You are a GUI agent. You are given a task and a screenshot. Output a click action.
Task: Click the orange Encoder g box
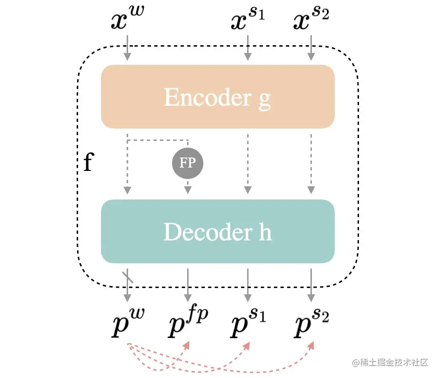pyautogui.click(x=218, y=97)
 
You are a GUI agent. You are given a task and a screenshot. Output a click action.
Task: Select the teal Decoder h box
pyautogui.click(x=218, y=231)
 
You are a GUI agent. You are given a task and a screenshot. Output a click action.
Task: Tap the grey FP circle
pyautogui.click(x=187, y=163)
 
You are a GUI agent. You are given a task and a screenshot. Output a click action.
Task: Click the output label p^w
pyautogui.click(x=128, y=322)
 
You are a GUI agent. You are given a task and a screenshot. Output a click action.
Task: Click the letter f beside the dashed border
pyautogui.click(x=88, y=163)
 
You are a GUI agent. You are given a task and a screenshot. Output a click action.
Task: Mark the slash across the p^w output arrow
pyautogui.click(x=128, y=277)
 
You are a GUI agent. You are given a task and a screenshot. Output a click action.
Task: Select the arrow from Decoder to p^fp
pyautogui.click(x=188, y=285)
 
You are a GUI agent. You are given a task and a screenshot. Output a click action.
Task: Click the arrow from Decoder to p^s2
pyautogui.click(x=311, y=285)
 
